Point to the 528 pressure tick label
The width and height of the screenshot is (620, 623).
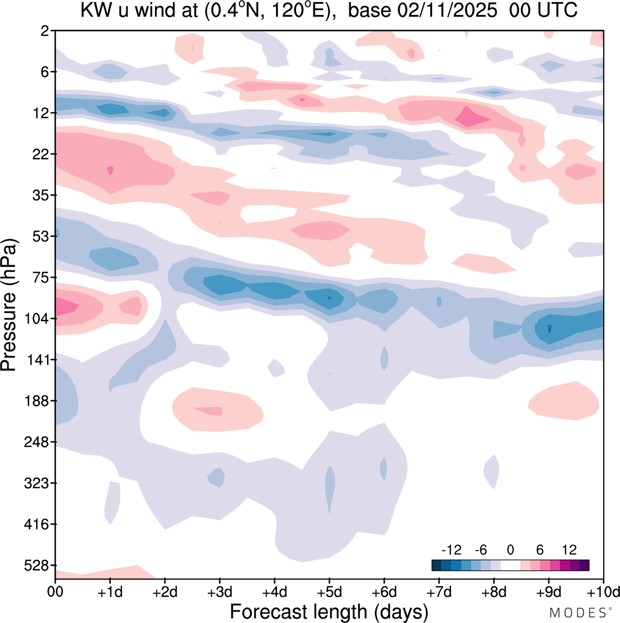[x=37, y=565]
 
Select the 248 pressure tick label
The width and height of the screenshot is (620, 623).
[x=37, y=442]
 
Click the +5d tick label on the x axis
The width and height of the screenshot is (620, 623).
[x=329, y=592]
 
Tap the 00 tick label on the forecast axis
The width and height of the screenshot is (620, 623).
[x=55, y=592]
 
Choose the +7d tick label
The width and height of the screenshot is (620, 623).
[x=439, y=592]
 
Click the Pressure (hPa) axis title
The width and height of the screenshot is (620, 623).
[x=9, y=305]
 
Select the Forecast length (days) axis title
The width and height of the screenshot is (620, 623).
[x=329, y=612]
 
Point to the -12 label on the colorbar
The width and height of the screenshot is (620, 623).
[x=451, y=550]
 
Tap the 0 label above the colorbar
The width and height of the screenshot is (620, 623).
[x=511, y=550]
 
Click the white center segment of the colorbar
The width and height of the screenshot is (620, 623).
[x=511, y=565]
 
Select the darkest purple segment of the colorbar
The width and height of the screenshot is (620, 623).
[x=584, y=565]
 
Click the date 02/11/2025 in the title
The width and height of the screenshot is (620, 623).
[x=447, y=11]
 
